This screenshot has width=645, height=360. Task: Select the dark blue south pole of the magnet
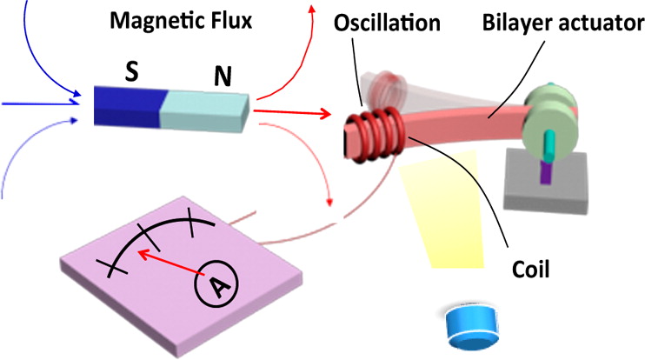(x=126, y=104)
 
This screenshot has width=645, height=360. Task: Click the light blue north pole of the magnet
(x=204, y=109)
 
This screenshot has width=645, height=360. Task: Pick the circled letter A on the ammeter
(x=211, y=283)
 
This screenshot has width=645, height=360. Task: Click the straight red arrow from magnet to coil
(x=291, y=111)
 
